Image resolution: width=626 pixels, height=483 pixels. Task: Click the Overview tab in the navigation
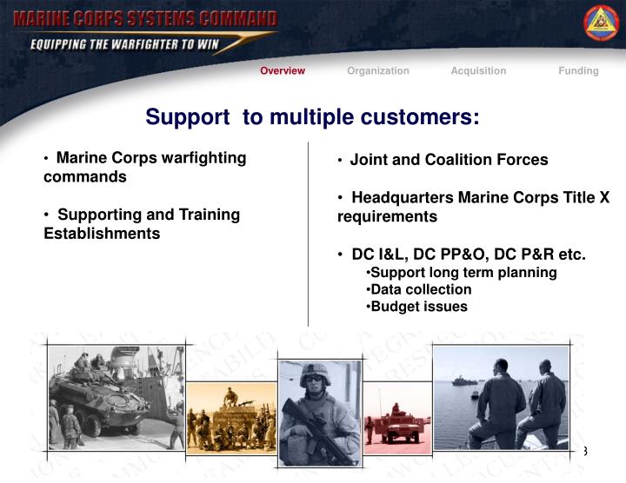pyautogui.click(x=283, y=71)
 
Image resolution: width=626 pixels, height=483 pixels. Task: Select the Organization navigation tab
pyautogui.click(x=378, y=71)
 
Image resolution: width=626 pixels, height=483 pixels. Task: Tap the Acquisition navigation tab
pyautogui.click(x=478, y=71)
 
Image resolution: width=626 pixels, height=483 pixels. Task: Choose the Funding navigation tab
pyautogui.click(x=578, y=71)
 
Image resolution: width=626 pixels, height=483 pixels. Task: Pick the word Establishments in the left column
pyautogui.click(x=102, y=234)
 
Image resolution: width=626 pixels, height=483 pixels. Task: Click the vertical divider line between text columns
pyautogui.click(x=309, y=235)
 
